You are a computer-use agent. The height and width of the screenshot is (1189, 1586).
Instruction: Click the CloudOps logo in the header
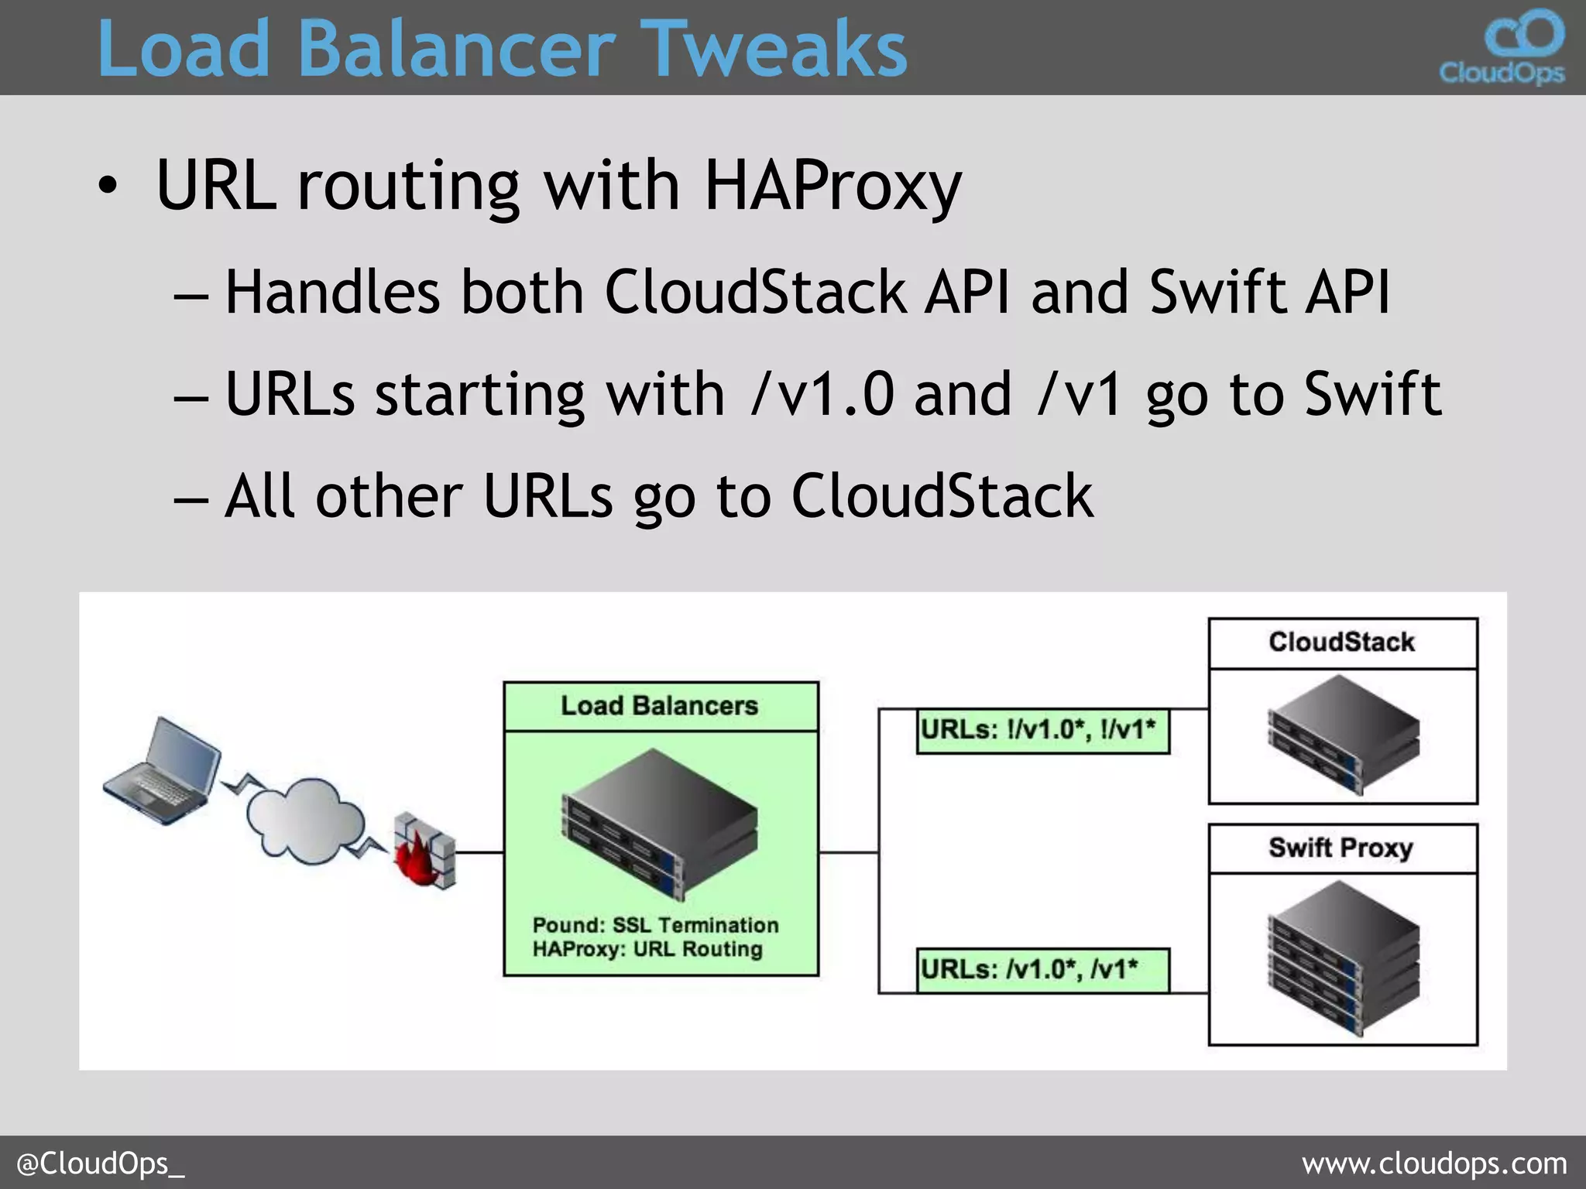[x=1502, y=46]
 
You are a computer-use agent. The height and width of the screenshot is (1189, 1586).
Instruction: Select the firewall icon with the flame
[x=424, y=850]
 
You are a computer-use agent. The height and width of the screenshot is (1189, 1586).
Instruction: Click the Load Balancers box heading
[x=660, y=706]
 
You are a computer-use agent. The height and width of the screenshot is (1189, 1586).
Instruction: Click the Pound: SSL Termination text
[x=655, y=925]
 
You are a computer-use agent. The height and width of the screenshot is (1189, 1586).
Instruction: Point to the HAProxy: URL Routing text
[x=647, y=949]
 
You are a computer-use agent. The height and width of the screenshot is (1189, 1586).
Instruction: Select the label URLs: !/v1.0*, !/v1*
[x=1042, y=730]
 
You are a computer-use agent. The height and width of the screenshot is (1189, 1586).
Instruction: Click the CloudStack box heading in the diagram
[x=1342, y=642]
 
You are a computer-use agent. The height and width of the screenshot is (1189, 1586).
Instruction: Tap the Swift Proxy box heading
[x=1342, y=848]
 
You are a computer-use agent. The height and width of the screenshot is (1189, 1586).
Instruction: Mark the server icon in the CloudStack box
[x=1344, y=734]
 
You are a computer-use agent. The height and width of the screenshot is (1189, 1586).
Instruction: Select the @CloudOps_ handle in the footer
[x=101, y=1163]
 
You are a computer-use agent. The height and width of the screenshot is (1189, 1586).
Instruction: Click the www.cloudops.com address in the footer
[x=1434, y=1163]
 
